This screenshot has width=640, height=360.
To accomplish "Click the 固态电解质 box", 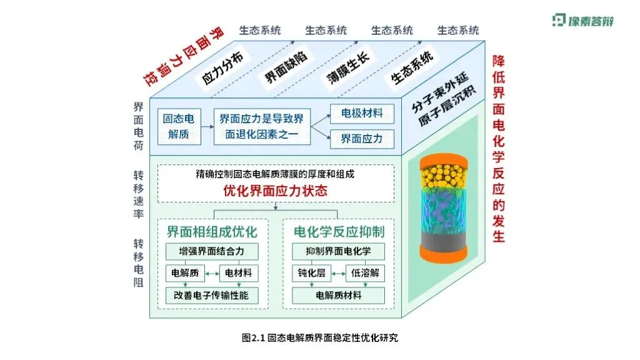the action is point(179,126).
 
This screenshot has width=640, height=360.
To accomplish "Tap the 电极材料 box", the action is point(362,114).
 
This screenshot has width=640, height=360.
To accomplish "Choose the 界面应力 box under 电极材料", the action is point(362,139).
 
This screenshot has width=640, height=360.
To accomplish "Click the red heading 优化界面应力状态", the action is point(275,191).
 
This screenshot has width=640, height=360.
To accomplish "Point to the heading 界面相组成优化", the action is point(212,232).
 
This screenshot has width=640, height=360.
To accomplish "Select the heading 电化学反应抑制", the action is point(339,232).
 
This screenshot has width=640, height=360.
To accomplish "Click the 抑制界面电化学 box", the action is point(339,252).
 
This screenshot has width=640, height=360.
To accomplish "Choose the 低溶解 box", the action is point(366,273).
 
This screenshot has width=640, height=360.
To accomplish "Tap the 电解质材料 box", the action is point(339,295).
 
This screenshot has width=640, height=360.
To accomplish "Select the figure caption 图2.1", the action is point(319,338).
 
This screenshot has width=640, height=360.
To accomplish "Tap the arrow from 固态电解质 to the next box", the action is point(207,127).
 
